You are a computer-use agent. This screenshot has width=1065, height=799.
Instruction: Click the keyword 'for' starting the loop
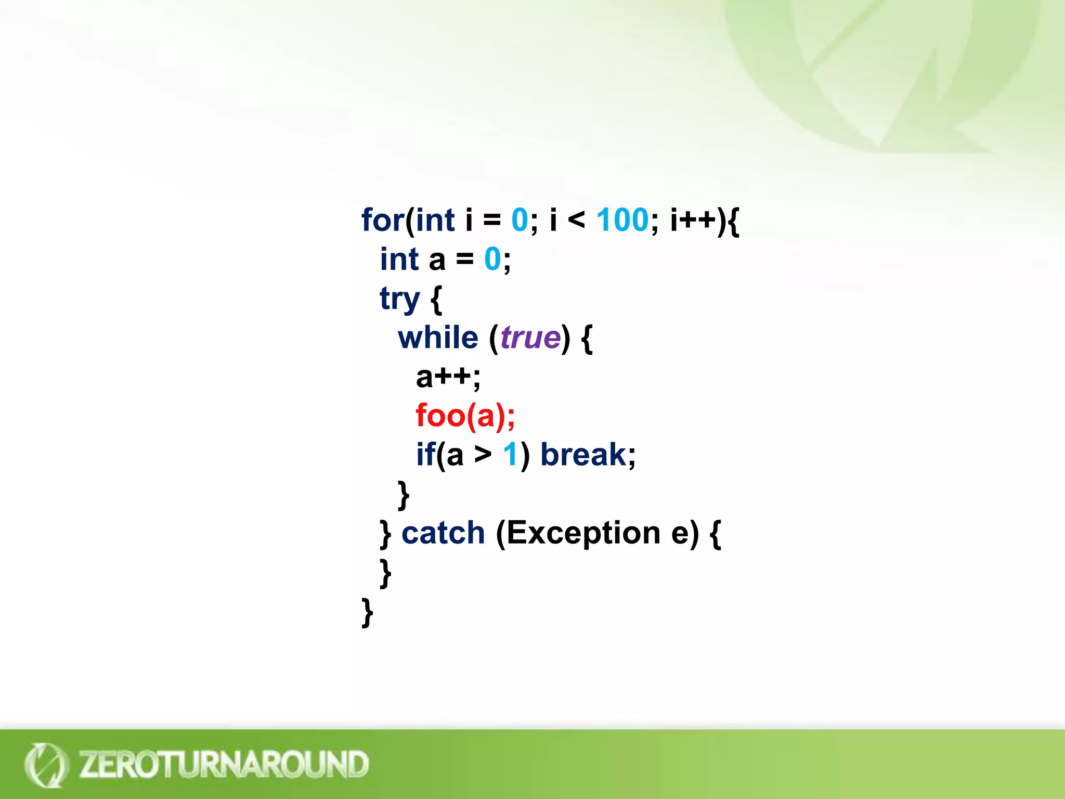382,220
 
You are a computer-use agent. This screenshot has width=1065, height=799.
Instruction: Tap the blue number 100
622,220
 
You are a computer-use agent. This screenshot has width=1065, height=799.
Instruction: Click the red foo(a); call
465,416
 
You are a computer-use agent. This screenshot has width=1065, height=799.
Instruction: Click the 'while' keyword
438,338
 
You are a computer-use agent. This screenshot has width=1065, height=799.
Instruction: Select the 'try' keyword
399,299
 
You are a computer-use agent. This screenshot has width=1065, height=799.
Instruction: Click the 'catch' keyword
443,533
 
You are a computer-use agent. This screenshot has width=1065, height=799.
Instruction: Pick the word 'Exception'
583,533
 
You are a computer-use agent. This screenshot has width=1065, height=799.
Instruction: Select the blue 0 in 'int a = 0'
492,259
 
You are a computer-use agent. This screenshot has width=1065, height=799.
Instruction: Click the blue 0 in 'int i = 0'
519,220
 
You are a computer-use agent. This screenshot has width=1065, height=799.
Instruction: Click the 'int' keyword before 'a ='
399,259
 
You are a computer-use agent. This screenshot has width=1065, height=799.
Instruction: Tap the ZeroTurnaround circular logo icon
45,764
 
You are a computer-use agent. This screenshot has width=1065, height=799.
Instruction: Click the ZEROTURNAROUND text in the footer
224,764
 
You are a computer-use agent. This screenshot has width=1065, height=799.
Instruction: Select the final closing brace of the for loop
367,612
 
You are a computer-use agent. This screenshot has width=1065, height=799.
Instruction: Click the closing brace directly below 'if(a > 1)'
404,495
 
